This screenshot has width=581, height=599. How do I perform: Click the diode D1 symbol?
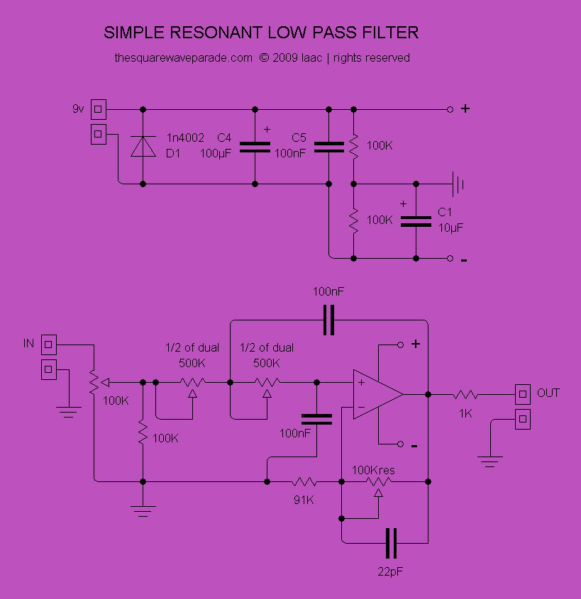pyautogui.click(x=143, y=146)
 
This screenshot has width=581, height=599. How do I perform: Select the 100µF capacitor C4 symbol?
pyautogui.click(x=255, y=147)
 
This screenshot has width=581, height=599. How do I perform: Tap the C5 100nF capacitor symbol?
pyautogui.click(x=328, y=147)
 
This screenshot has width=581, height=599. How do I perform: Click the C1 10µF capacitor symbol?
pyautogui.click(x=415, y=220)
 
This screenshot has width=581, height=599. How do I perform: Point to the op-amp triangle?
pyautogui.click(x=376, y=394)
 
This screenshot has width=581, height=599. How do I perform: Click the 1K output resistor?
pyautogui.click(x=466, y=393)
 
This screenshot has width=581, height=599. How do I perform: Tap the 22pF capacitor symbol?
pyautogui.click(x=391, y=543)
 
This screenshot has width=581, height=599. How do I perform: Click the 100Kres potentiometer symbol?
pyautogui.click(x=377, y=483)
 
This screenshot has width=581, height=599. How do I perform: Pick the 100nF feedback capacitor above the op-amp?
pyautogui.click(x=328, y=320)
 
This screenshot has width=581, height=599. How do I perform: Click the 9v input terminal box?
pyautogui.click(x=99, y=110)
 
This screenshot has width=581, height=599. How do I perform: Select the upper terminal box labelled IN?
pyautogui.click(x=49, y=345)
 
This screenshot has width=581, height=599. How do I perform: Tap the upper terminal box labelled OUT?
pyautogui.click(x=522, y=393)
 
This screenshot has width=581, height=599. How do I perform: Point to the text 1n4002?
pyautogui.click(x=185, y=138)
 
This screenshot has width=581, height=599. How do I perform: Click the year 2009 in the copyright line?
pyautogui.click(x=284, y=58)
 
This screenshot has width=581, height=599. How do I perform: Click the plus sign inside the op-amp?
pyautogui.click(x=361, y=383)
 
